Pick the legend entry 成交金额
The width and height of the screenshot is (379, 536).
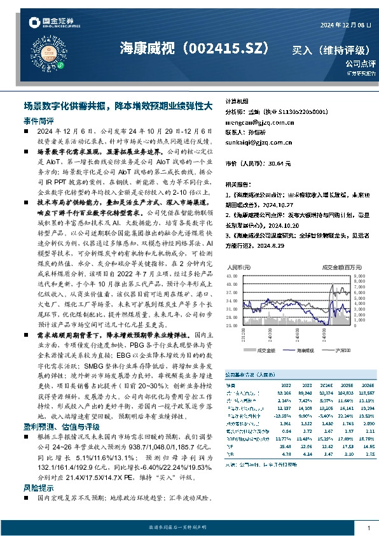click(x=265, y=351)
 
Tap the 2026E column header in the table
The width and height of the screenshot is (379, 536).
click(x=367, y=385)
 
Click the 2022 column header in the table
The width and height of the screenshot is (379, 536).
click(x=286, y=385)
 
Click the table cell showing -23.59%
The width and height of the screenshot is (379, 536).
click(x=284, y=414)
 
